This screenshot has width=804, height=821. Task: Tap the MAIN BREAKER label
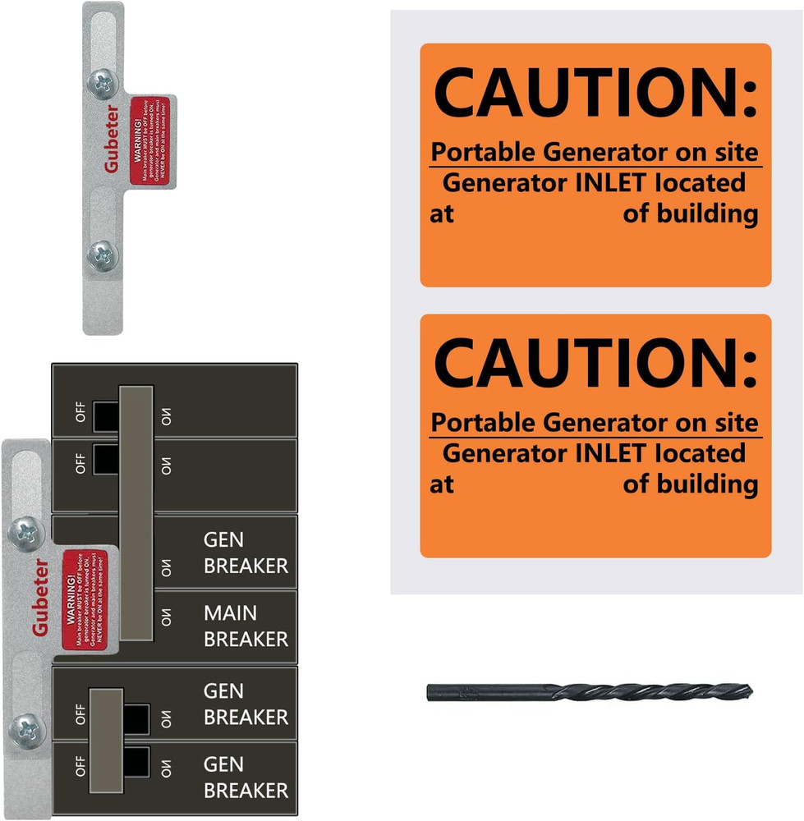[246, 626]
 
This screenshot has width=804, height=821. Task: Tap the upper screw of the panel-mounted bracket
[23, 533]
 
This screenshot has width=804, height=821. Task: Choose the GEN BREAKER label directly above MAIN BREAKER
[246, 553]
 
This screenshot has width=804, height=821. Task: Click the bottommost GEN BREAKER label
[246, 777]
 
